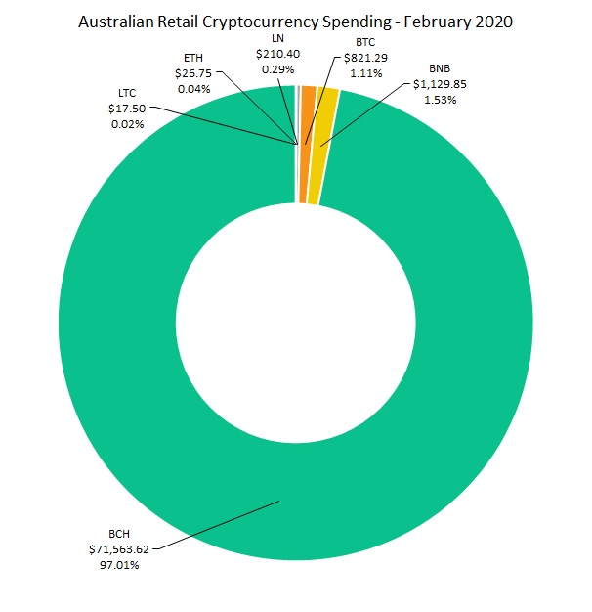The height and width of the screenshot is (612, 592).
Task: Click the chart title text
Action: click(295, 21)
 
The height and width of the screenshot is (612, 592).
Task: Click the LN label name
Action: click(276, 39)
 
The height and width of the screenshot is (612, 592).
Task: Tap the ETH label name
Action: click(193, 58)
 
